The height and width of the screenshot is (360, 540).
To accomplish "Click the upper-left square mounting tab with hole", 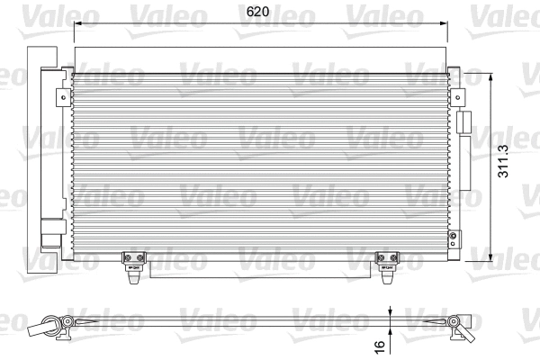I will (x=61, y=94).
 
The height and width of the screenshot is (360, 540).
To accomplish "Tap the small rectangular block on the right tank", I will (x=464, y=122).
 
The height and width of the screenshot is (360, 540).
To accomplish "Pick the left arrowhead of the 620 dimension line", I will (x=76, y=24).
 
